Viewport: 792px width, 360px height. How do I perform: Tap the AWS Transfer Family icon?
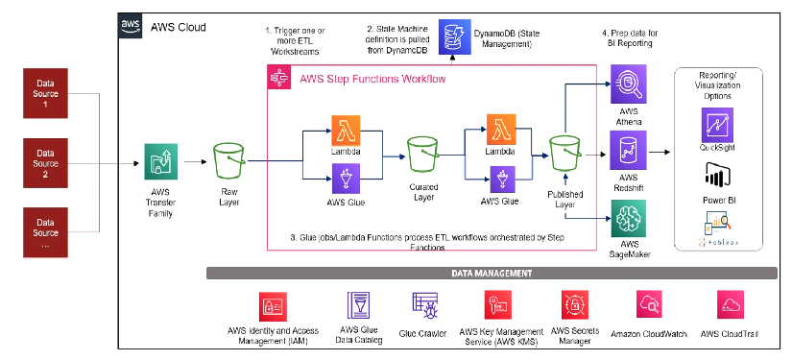[161, 159]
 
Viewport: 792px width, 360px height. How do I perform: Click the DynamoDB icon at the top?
[451, 38]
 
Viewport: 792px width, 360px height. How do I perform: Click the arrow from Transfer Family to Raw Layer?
[195, 160]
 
